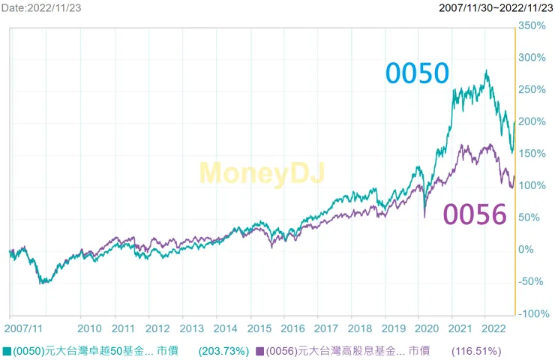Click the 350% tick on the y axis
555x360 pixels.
point(533,25)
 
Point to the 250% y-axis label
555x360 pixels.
point(533,89)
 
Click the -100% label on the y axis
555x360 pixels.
point(533,313)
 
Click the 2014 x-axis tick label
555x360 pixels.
point(226,328)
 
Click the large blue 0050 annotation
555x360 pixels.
point(417,73)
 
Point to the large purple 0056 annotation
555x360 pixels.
point(474,214)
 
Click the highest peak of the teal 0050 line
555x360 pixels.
point(487,71)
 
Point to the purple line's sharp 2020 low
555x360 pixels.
point(425,217)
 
